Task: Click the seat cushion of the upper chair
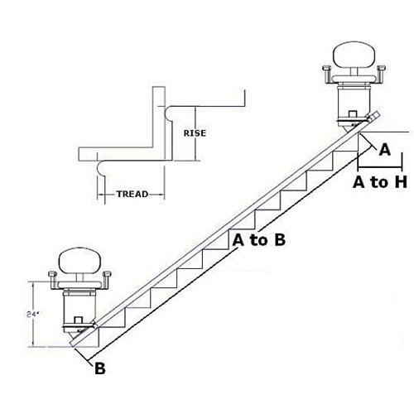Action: [x=357, y=58]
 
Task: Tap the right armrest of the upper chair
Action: [x=383, y=76]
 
